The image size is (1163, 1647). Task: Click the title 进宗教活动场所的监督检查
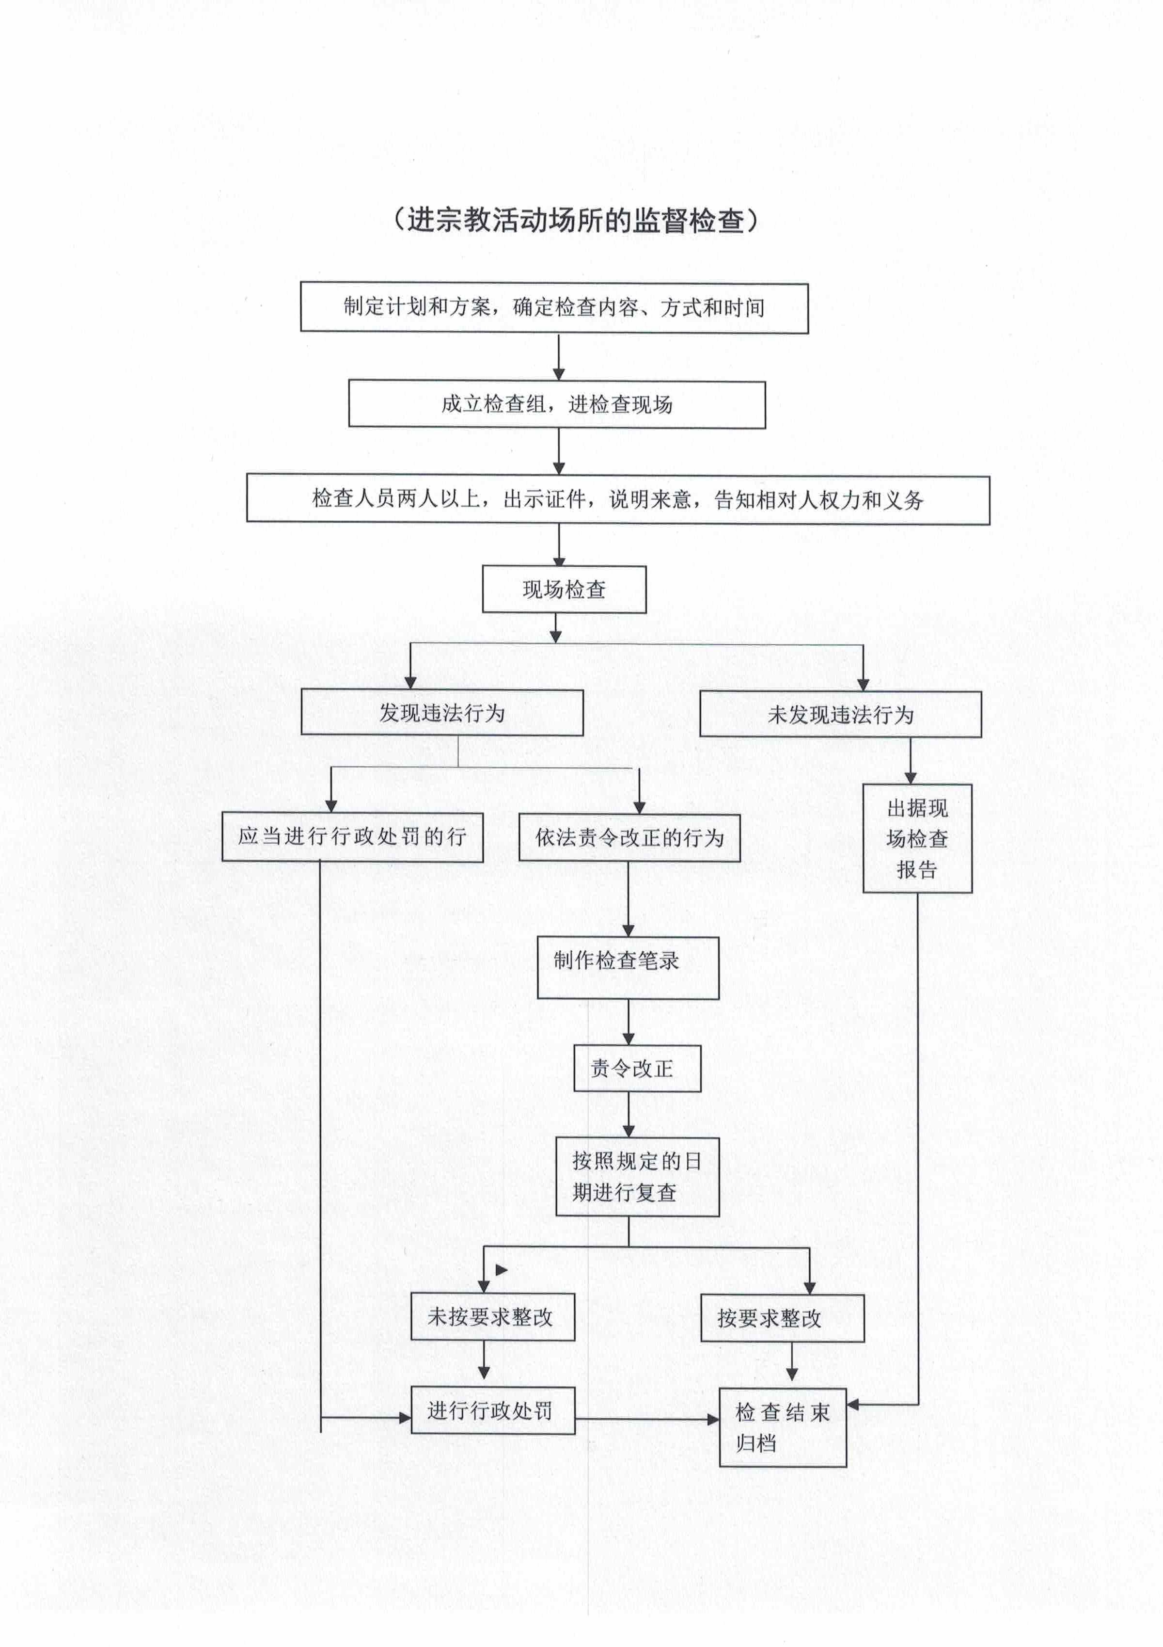[x=576, y=220]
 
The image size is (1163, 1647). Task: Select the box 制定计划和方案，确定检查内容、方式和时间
[x=554, y=308]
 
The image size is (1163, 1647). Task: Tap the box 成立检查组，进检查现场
[x=557, y=404]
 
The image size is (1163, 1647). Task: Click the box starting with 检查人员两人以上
[x=618, y=499]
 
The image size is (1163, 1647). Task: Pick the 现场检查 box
[x=564, y=590]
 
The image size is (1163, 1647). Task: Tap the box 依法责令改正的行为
[x=629, y=837]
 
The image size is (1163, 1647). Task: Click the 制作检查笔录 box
[x=628, y=968]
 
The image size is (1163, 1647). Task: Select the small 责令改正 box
[x=637, y=1068]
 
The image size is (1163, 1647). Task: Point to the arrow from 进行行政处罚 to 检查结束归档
[x=647, y=1419]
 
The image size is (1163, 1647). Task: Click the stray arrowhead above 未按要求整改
[x=501, y=1270]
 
